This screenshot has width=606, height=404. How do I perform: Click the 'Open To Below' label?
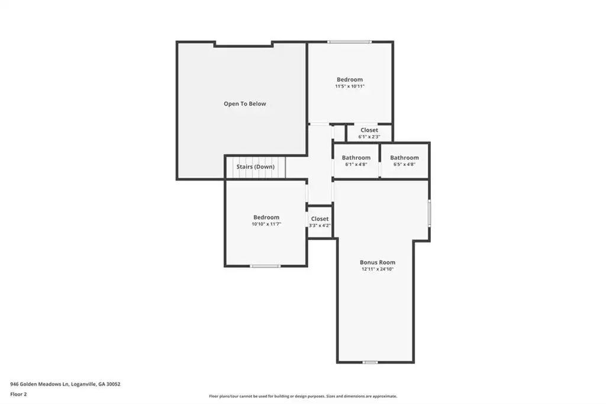pyautogui.click(x=244, y=104)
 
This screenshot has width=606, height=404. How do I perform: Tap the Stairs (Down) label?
pyautogui.click(x=256, y=167)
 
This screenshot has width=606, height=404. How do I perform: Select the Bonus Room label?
pyautogui.click(x=378, y=262)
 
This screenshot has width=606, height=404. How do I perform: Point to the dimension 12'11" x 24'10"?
pyautogui.click(x=378, y=269)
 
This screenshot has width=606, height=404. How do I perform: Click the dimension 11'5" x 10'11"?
pyautogui.click(x=350, y=86)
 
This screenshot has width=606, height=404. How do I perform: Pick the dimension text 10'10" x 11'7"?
pyautogui.click(x=266, y=224)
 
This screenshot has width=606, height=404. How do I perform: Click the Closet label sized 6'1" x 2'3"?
pyautogui.click(x=369, y=130)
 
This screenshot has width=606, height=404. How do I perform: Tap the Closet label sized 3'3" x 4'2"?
pyautogui.click(x=320, y=219)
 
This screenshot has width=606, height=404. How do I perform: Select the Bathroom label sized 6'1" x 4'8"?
pyautogui.click(x=356, y=158)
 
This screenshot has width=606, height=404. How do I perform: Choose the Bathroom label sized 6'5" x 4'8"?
pyautogui.click(x=404, y=158)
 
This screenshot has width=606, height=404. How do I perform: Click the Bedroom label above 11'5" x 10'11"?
pyautogui.click(x=350, y=79)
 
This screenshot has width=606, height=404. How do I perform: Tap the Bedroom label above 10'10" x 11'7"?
pyautogui.click(x=266, y=217)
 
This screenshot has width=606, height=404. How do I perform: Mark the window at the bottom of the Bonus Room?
pyautogui.click(x=370, y=363)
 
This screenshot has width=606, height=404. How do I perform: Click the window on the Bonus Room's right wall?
pyautogui.click(x=429, y=213)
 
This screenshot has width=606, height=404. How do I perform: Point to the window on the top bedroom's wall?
pyautogui.click(x=349, y=42)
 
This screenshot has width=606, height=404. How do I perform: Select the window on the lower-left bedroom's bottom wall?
pyautogui.click(x=265, y=266)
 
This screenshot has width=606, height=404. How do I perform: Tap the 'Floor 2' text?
pyautogui.click(x=18, y=395)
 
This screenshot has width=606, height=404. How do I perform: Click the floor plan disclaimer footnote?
pyautogui.click(x=303, y=396)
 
